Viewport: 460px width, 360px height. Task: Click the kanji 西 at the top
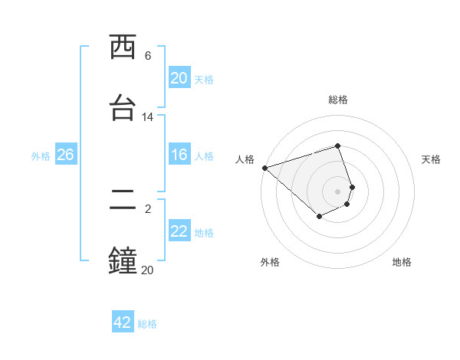123,47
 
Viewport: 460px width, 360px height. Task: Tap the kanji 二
123,200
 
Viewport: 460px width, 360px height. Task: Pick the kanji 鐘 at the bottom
123,260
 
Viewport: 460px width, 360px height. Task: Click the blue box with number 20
179,78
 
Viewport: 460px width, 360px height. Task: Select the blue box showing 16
179,155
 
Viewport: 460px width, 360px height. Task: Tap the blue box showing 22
179,231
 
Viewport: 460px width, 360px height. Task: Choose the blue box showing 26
65,155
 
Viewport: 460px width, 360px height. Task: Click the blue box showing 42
123,322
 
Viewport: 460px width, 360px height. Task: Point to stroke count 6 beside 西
148,55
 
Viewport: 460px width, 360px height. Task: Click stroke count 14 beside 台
148,117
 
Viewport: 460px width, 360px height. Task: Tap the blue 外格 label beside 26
41,155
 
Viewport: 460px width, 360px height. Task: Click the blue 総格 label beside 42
147,324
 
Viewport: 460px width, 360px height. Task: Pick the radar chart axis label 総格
338,100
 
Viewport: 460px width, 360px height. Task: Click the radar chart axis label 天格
431,159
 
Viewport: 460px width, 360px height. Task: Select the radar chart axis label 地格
402,262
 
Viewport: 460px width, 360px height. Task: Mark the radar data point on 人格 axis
264,168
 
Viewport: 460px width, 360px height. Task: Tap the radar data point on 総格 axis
338,146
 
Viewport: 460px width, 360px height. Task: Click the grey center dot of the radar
338,191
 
